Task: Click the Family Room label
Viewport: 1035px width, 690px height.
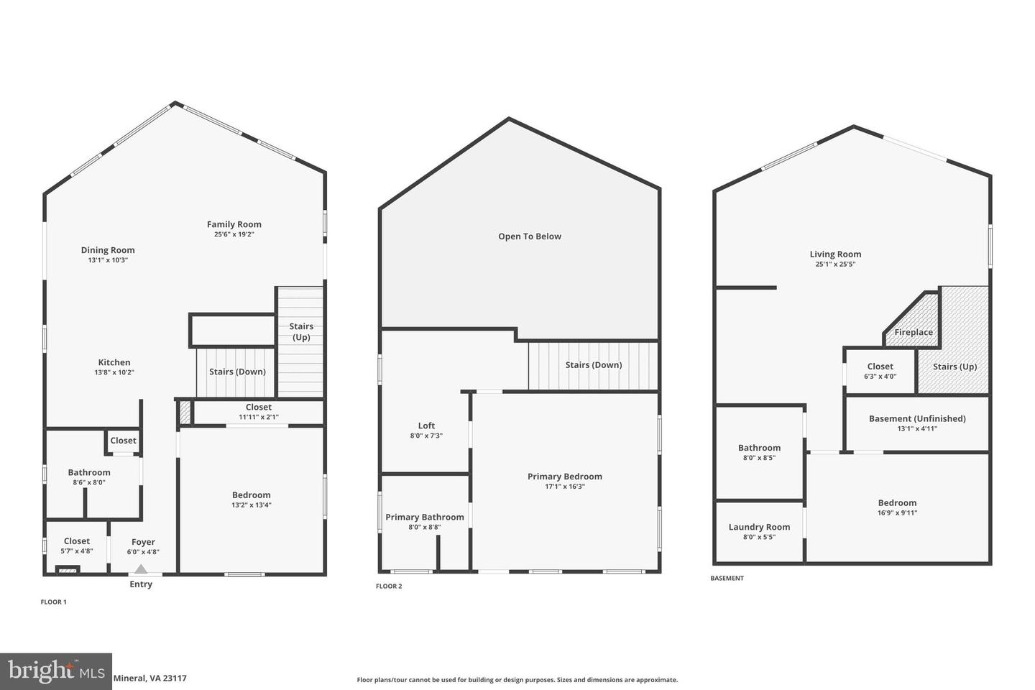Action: [x=234, y=224]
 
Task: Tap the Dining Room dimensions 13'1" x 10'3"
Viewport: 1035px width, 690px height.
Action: [x=108, y=260]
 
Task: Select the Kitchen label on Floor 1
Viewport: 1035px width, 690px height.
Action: [x=114, y=362]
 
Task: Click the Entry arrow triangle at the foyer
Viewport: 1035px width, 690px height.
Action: [x=142, y=569]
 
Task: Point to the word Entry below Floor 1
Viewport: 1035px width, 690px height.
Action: [x=141, y=584]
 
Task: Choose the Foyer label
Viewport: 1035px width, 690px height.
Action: [x=143, y=542]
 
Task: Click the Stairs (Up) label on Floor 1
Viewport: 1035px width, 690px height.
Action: [x=301, y=331]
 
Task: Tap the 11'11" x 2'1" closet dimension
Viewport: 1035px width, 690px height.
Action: [x=259, y=417]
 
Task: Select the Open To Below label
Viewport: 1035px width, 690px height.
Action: [x=530, y=236]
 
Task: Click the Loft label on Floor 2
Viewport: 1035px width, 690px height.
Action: [x=426, y=425]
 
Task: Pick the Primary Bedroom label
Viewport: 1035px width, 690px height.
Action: [x=565, y=477]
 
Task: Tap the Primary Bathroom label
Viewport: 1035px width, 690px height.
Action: [x=425, y=517]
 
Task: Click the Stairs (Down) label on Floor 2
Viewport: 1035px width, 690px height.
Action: [x=594, y=365]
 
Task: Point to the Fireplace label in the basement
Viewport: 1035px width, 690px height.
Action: [x=914, y=332]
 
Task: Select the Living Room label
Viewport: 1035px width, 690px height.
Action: [x=835, y=254]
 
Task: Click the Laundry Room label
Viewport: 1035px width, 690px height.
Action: [x=759, y=527]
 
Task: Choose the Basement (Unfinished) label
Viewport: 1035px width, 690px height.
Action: [x=917, y=418]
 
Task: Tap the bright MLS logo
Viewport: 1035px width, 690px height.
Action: [x=55, y=671]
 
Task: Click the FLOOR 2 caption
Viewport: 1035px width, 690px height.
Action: [x=389, y=586]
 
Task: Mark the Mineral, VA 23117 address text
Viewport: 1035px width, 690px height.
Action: [x=150, y=678]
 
